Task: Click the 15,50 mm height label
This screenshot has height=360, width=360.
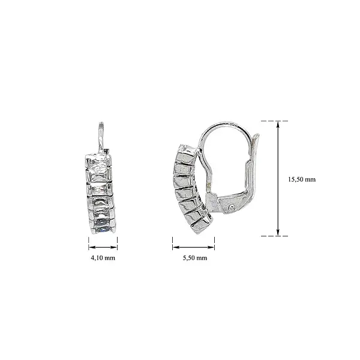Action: pos(302,179)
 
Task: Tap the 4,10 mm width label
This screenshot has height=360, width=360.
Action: pos(103,258)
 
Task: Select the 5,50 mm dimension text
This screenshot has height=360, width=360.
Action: pos(194,258)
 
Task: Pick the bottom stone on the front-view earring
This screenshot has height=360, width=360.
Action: pos(102,226)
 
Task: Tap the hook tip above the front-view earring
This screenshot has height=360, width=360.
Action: pos(101,124)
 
